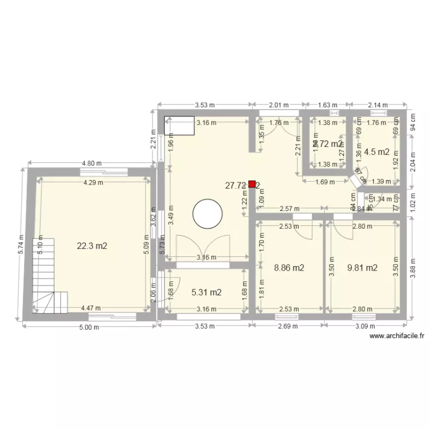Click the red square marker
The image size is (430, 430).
coord(252,185)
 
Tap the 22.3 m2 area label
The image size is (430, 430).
coord(92,245)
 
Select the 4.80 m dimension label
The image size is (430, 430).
coord(91,163)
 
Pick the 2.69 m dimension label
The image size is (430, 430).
coord(288,326)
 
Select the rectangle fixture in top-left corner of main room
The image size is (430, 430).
coord(179,126)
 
